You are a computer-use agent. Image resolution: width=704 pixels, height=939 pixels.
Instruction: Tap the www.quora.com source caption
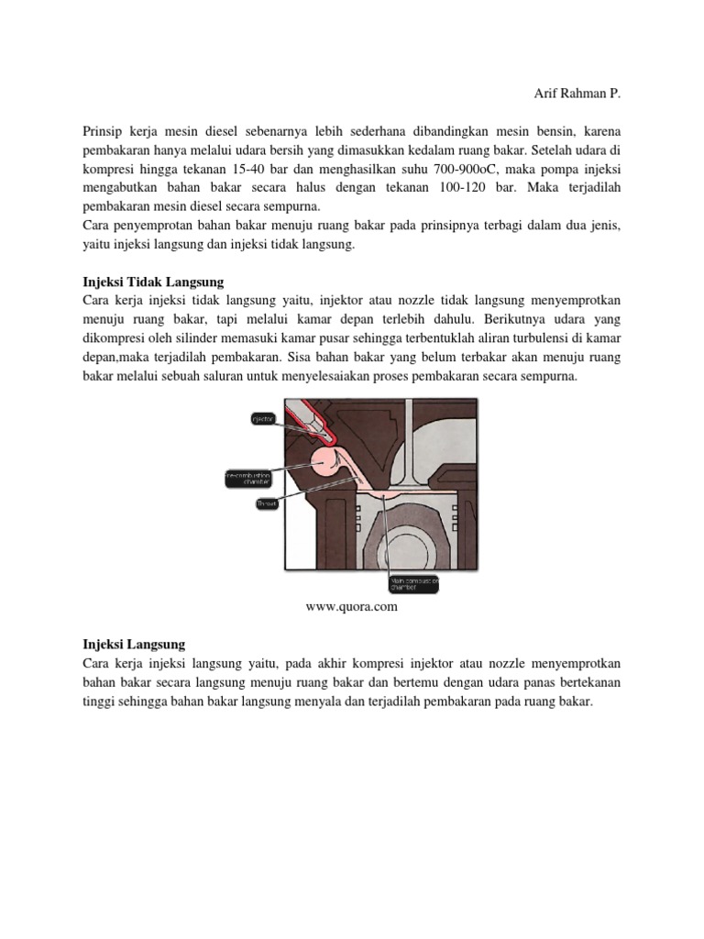click(x=351, y=605)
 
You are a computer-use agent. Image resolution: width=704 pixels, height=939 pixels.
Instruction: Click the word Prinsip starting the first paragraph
click(x=103, y=132)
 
